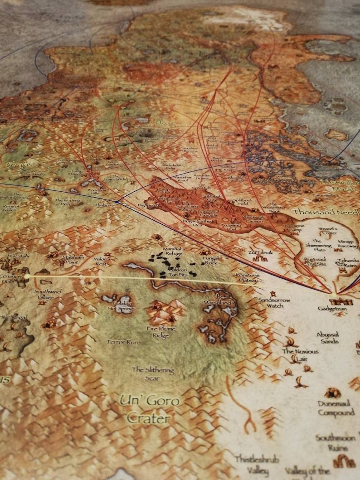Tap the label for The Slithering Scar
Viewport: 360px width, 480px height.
tap(153, 373)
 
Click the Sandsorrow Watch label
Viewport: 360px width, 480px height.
tap(271, 302)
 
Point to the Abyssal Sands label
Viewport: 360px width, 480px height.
tap(328, 338)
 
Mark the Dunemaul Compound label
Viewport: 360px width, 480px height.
tap(336, 408)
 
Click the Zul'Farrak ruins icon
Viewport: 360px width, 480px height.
tap(260, 259)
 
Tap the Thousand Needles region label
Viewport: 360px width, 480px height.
tap(326, 212)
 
